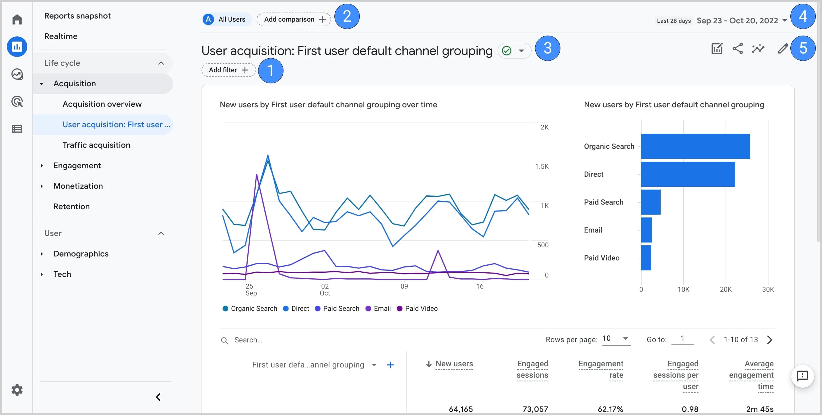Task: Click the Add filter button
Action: coord(228,70)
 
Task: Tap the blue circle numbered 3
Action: coord(547,48)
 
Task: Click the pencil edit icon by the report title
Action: coord(782,48)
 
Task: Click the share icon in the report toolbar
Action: coord(737,48)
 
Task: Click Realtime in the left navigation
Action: coord(61,36)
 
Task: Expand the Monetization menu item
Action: coord(78,186)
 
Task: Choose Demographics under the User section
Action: coord(81,254)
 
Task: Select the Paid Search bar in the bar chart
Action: coord(650,202)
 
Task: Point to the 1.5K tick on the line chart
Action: coord(542,166)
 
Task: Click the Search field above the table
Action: coord(248,340)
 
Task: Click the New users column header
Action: coord(454,364)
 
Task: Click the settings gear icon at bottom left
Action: coord(17,390)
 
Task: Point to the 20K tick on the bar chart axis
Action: coord(725,289)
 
